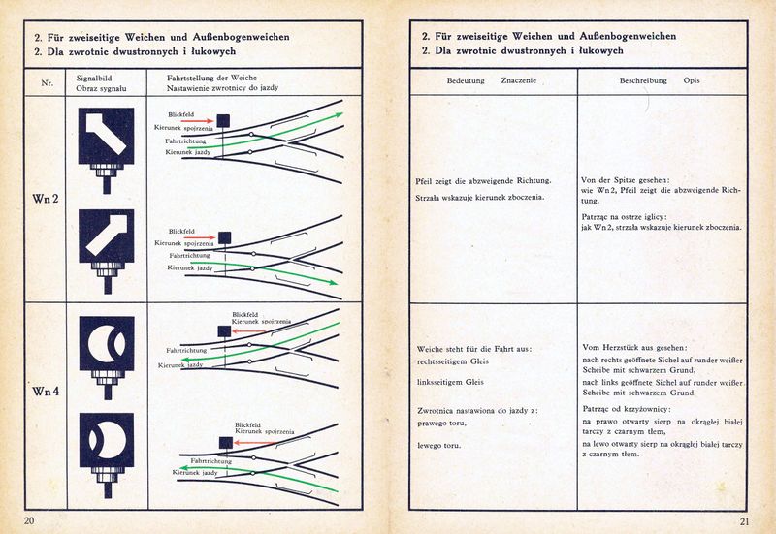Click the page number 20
[x=29, y=521]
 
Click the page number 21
[x=744, y=521]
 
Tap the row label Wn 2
[x=47, y=200]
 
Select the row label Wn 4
[x=47, y=392]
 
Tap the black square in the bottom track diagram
[x=224, y=442]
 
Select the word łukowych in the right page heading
[x=596, y=50]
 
